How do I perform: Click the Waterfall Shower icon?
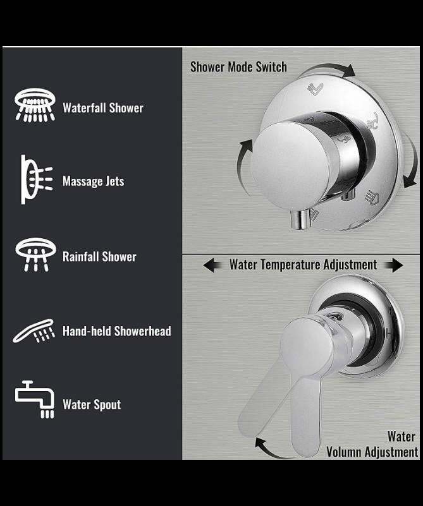click(35, 105)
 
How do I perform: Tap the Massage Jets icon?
click(36, 179)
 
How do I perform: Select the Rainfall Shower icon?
click(35, 255)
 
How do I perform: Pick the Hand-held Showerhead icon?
click(34, 331)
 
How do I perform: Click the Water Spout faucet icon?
click(35, 399)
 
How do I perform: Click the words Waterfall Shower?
click(103, 108)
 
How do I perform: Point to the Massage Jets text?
click(94, 181)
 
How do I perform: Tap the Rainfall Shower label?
click(99, 257)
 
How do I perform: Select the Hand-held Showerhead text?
click(117, 331)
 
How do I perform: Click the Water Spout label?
click(92, 405)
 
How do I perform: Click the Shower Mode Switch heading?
click(238, 67)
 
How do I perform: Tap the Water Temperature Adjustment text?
click(303, 265)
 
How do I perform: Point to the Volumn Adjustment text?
click(372, 452)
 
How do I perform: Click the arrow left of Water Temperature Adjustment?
click(213, 265)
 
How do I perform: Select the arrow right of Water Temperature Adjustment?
click(394, 265)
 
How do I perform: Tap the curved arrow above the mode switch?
click(329, 68)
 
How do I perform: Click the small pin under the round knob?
click(299, 219)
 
